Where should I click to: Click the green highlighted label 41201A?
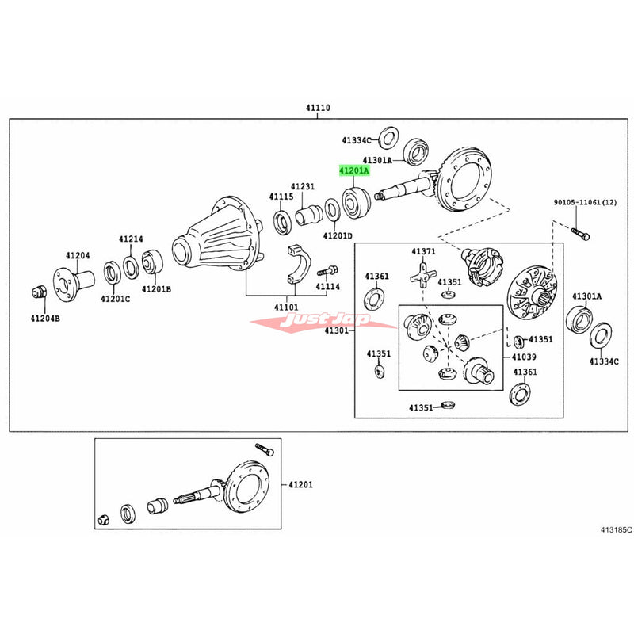[353, 170]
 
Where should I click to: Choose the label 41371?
[423, 251]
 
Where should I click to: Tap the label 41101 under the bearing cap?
[286, 306]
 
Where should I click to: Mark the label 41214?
[132, 239]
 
